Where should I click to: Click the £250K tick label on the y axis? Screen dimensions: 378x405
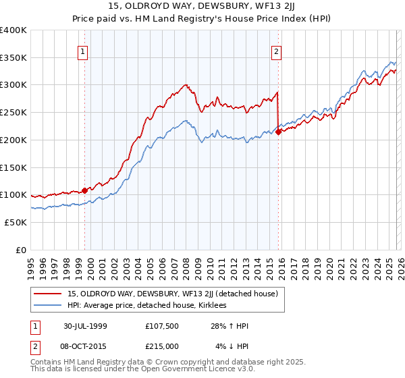pyautogui.click(x=13, y=113)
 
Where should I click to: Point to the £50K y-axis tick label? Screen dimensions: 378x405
pyautogui.click(x=16, y=222)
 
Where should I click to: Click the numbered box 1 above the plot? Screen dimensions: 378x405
pyautogui.click(x=82, y=50)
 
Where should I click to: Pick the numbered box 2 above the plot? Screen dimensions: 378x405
pyautogui.click(x=277, y=50)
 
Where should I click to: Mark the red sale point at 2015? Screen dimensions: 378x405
pyautogui.click(x=278, y=132)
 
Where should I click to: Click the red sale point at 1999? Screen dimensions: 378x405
pyautogui.click(x=85, y=190)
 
